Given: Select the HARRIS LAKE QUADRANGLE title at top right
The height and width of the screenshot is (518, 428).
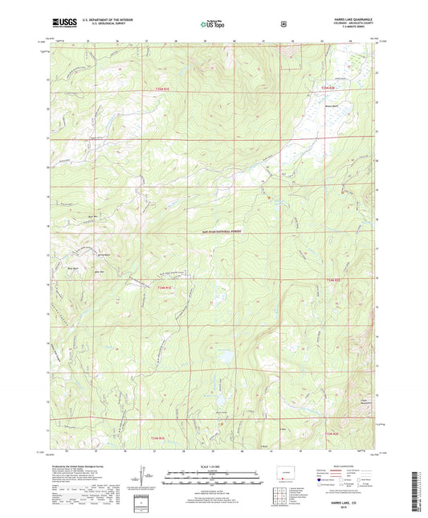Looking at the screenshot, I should [x=351, y=21].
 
